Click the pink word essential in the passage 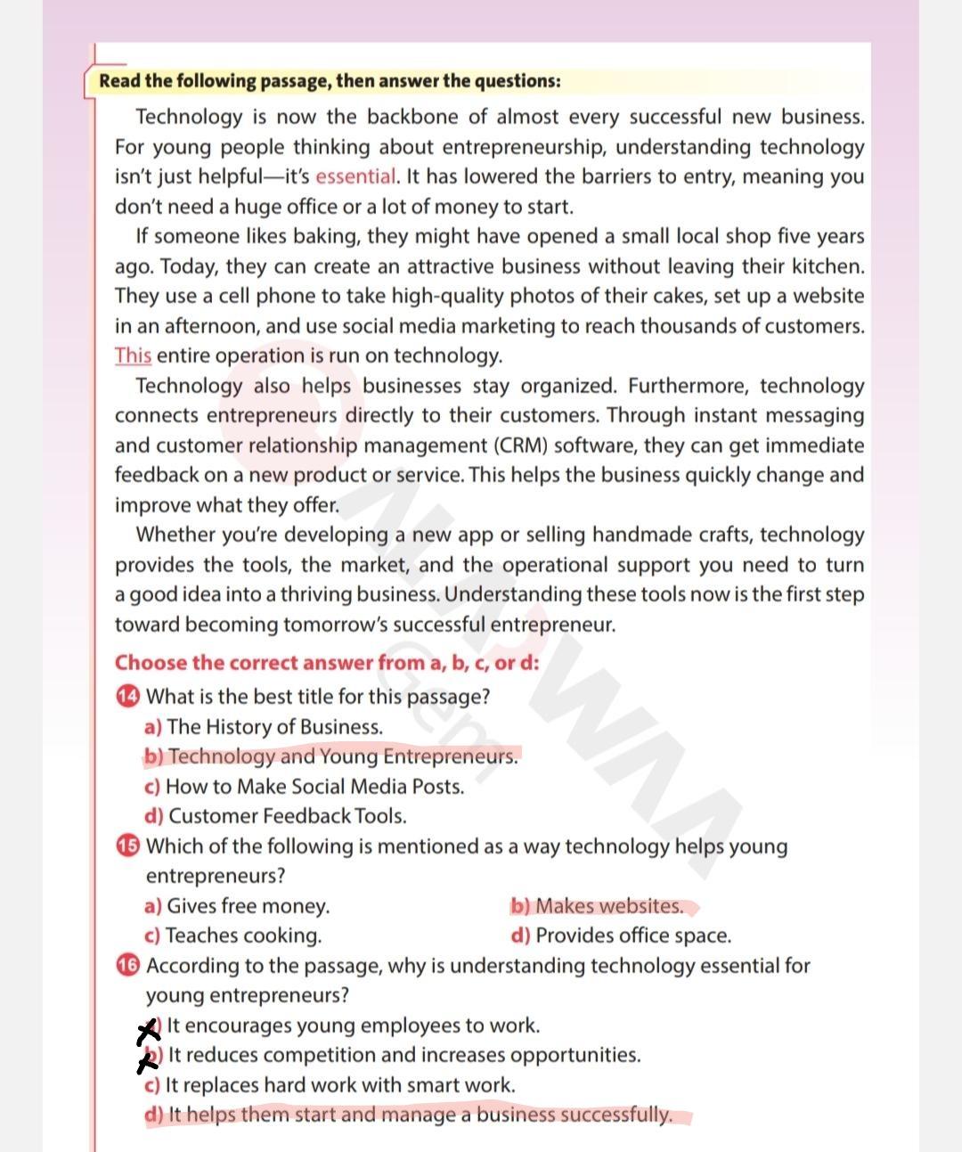point(355,176)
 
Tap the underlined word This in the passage point(133,355)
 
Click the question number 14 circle point(127,696)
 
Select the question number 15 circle point(127,846)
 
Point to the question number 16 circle point(127,965)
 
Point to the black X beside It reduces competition point(150,1060)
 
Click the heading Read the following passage point(330,81)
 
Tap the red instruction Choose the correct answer point(326,663)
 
